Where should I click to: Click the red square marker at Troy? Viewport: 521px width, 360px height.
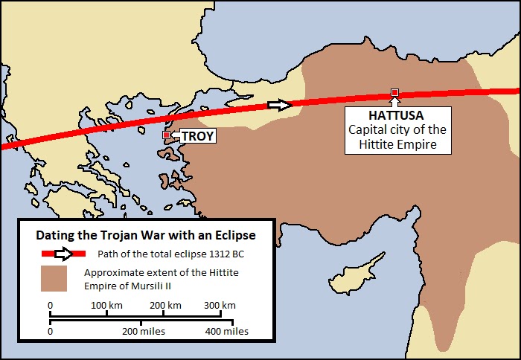166,135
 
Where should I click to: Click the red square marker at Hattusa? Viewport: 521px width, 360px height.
394,92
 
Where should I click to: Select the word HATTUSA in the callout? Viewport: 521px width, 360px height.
397,116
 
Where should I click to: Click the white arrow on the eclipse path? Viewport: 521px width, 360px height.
279,105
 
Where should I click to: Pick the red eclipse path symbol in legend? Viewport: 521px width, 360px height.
57,253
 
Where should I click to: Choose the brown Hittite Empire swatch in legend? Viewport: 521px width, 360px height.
54,278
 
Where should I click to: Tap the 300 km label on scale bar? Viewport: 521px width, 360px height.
220,306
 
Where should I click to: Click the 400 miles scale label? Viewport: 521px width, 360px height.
227,331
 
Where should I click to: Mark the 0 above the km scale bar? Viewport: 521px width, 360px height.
50,306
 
